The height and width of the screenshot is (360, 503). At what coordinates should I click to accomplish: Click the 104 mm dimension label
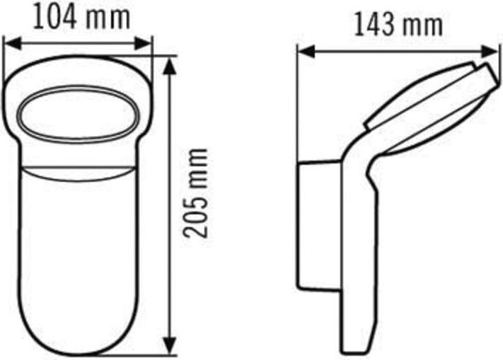(83, 17)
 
